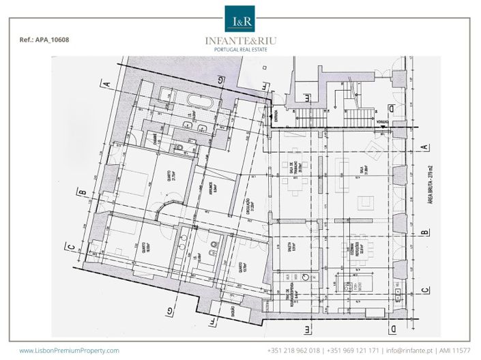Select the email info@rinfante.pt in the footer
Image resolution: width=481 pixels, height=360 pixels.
pos(409,350)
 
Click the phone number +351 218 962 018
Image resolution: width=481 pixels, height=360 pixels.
pos(293,350)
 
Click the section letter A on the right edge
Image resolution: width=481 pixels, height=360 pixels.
pos(425,147)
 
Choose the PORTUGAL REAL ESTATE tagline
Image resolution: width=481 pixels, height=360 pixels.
pos(240,50)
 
